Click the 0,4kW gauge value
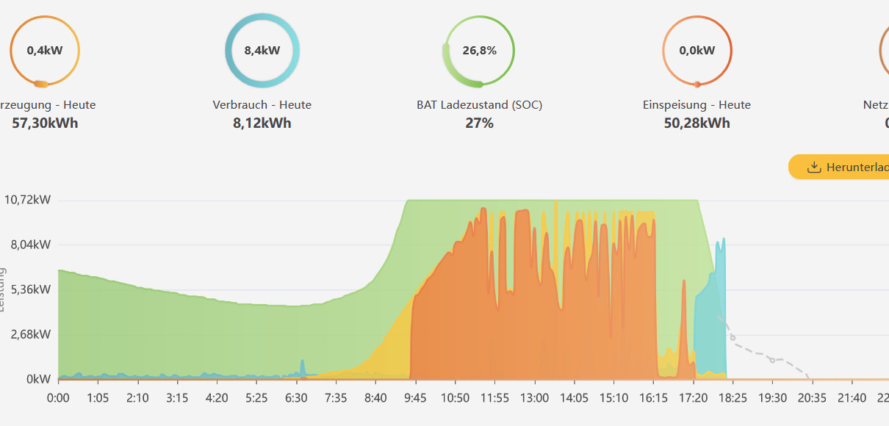pos(44,51)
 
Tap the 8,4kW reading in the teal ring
pos(262,51)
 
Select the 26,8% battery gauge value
pos(479,51)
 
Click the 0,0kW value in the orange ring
pos(697,51)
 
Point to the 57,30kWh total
pos(45,123)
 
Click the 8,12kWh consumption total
pos(262,123)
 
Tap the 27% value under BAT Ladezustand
pos(479,123)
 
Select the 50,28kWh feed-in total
pos(697,123)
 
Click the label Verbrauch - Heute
pos(262,105)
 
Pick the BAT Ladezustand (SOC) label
pos(479,105)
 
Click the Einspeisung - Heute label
pos(697,105)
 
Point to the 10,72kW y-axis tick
pos(27,200)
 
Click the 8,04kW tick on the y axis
pos(29,245)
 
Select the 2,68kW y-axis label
pos(29,334)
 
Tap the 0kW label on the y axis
pos(38,379)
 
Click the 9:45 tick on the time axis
pos(415,398)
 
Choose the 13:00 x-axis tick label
pos(534,398)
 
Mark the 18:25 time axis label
pos(733,398)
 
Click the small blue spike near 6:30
pos(302,367)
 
